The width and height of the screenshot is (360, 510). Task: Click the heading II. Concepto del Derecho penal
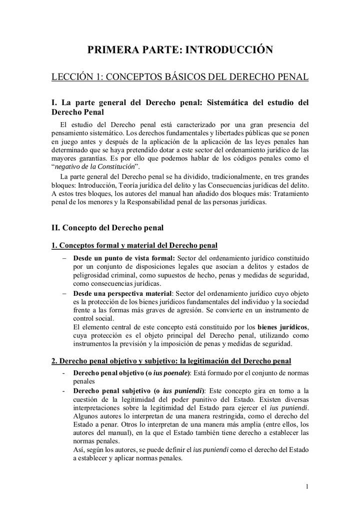click(x=107, y=228)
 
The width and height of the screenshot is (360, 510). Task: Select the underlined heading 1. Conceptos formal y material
click(x=134, y=246)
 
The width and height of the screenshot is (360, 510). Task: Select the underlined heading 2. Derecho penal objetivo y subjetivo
click(x=171, y=361)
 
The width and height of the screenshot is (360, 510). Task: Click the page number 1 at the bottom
click(x=306, y=486)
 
